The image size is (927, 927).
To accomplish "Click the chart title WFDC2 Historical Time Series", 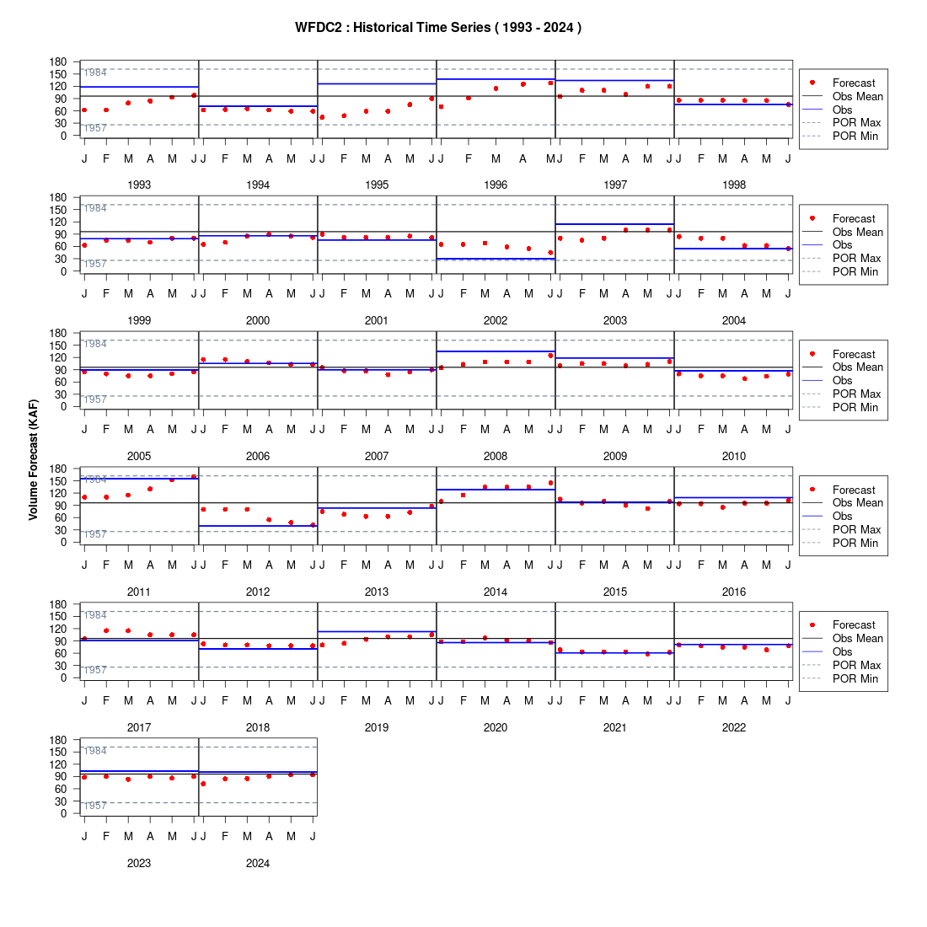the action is (438, 28).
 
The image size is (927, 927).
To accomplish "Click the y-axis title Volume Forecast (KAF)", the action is (33, 460).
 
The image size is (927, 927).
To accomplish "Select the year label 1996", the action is (496, 185).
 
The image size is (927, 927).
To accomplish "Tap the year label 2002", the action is (496, 320).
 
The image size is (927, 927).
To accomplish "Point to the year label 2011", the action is (139, 592).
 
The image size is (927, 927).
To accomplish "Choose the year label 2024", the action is (258, 863).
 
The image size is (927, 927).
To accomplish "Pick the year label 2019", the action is (377, 727).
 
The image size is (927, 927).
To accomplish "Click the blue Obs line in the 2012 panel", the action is (259, 526).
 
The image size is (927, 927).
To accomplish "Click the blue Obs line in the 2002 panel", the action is (496, 259).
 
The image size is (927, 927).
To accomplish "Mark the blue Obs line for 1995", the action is (378, 84).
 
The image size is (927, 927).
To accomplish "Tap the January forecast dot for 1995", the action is (322, 117).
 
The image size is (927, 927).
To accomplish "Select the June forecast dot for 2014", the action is (551, 483).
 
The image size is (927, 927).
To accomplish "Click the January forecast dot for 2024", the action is (203, 784).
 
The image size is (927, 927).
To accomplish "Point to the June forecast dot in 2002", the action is (551, 253).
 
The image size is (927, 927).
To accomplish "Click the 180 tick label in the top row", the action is (58, 62).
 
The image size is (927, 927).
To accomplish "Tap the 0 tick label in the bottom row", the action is (64, 813).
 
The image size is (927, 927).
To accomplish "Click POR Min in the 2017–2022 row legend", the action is (855, 678).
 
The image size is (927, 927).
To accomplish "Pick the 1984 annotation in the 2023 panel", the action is (95, 751).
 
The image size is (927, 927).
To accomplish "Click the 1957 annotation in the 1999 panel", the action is (95, 264).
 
